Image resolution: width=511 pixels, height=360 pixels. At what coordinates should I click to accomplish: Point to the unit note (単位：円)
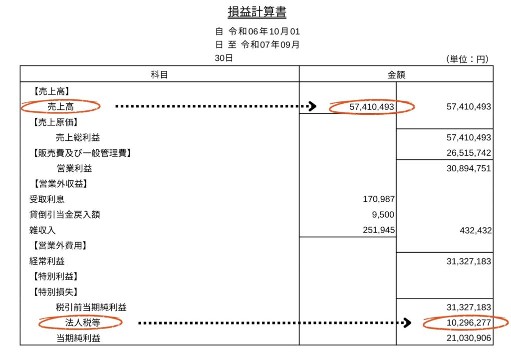click(x=467, y=59)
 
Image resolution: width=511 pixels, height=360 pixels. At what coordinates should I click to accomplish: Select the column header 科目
click(x=159, y=74)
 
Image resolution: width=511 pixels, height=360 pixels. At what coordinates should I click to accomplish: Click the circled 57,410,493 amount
click(x=371, y=107)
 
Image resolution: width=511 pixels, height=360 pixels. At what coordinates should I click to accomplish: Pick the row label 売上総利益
click(x=74, y=137)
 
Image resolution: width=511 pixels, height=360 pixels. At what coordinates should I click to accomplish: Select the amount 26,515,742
click(x=469, y=153)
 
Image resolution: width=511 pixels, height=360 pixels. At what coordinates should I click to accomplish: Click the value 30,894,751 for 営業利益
click(x=469, y=168)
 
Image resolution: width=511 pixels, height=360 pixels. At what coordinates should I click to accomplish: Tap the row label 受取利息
click(x=47, y=199)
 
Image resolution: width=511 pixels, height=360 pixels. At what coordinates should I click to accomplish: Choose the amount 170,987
click(x=379, y=199)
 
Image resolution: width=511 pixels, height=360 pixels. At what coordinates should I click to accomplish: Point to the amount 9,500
click(x=384, y=215)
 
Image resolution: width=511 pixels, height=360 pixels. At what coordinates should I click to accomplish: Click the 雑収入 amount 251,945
click(x=379, y=230)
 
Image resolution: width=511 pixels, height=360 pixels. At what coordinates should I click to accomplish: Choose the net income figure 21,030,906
click(x=469, y=339)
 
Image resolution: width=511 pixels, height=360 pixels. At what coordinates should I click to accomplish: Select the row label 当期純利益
click(x=78, y=339)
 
